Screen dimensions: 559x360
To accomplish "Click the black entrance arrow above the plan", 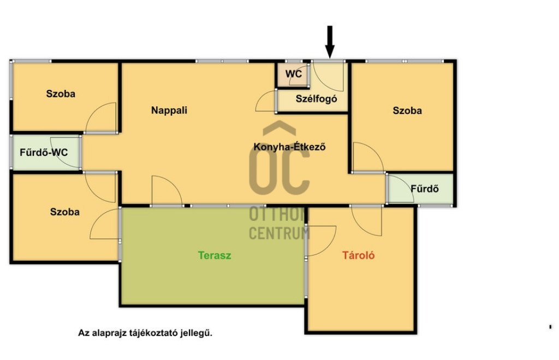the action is pyautogui.click(x=330, y=41).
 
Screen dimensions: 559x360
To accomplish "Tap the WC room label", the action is pyautogui.click(x=293, y=74).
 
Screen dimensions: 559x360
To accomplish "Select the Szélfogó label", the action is pyautogui.click(x=316, y=99).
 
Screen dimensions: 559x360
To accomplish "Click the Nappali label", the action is pyautogui.click(x=169, y=110).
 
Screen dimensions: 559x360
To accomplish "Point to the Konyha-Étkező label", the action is pyautogui.click(x=289, y=147).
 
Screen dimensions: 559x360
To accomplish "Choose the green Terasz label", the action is pyautogui.click(x=215, y=255).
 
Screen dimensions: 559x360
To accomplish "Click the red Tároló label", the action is pyautogui.click(x=358, y=255).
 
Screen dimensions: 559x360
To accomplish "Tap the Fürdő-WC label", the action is pyautogui.click(x=44, y=152).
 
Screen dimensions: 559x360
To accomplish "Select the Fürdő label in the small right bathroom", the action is pyautogui.click(x=424, y=188).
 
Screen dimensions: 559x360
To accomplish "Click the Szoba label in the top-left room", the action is pyautogui.click(x=61, y=94).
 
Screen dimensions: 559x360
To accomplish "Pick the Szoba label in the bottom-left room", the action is pyautogui.click(x=64, y=212).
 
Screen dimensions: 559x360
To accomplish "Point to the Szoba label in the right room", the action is pyautogui.click(x=407, y=110).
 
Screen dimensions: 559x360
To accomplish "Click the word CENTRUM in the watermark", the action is pyautogui.click(x=279, y=233).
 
